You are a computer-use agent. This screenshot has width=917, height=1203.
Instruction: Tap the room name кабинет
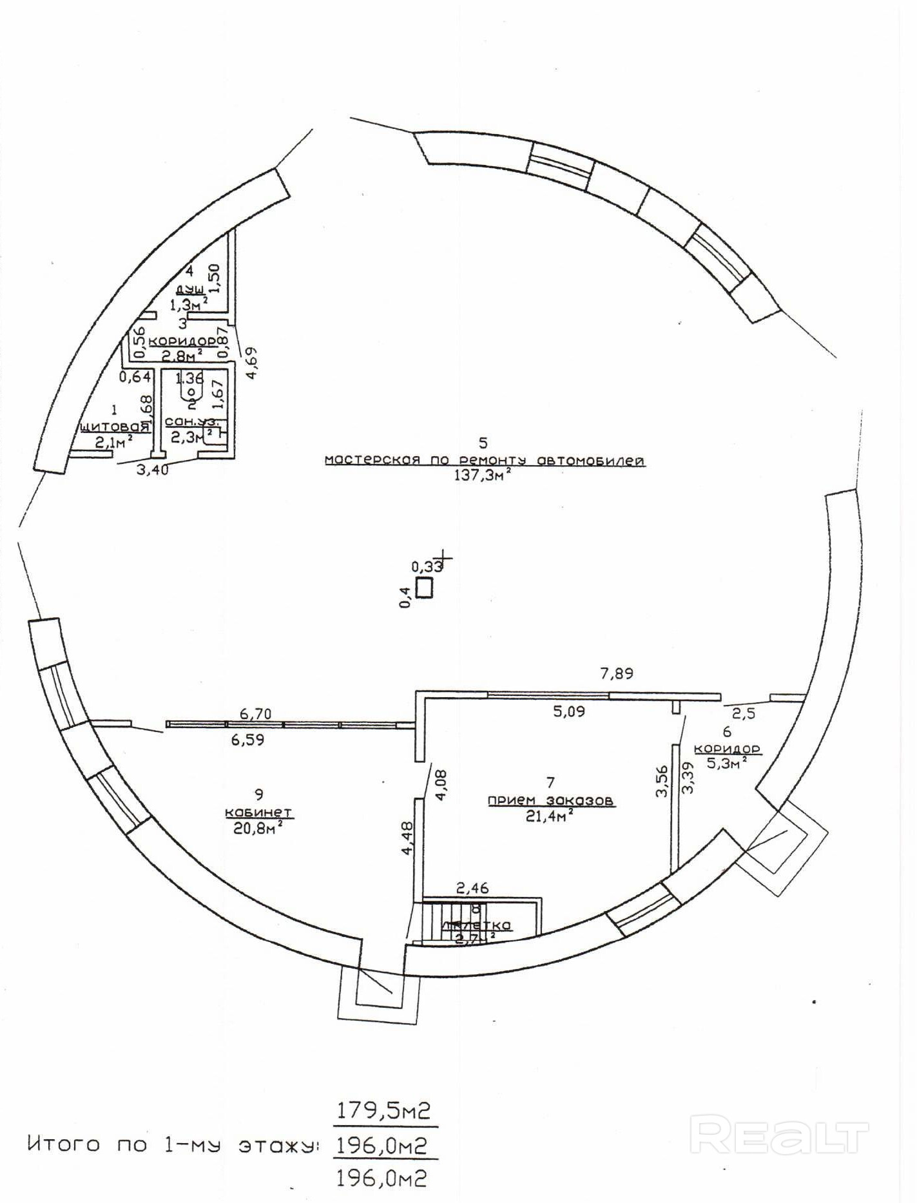258,812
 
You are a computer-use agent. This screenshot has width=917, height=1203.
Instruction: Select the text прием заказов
550,800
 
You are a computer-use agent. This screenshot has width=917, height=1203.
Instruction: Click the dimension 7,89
617,673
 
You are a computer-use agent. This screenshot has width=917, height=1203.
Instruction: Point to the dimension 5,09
569,711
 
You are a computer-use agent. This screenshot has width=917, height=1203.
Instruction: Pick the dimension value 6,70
256,713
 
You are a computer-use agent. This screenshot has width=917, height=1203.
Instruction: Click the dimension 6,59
247,740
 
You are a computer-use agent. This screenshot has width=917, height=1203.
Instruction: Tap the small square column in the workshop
424,588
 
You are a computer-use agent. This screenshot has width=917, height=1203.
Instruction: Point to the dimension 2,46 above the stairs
472,888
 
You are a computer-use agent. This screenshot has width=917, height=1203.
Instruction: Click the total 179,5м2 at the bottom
383,1111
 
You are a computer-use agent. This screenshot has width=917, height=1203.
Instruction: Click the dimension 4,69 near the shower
251,363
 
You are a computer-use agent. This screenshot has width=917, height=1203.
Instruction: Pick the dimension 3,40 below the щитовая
153,470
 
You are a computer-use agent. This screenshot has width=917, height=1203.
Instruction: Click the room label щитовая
115,427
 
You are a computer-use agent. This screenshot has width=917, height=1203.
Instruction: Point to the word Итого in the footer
64,1144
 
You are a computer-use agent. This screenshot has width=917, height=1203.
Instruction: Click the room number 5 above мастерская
483,443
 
